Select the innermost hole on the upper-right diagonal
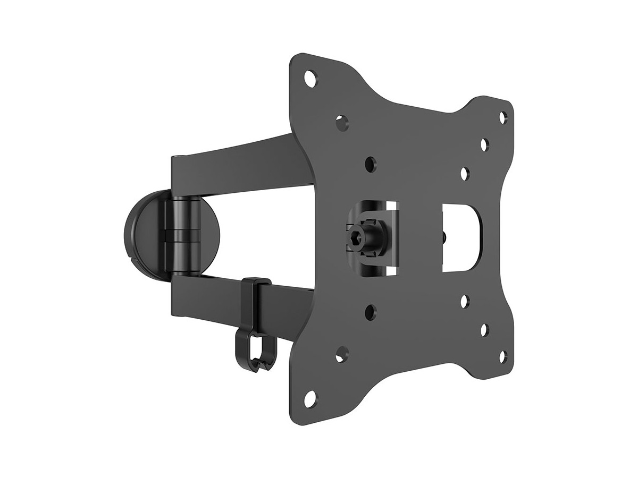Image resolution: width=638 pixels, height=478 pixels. click(x=465, y=173)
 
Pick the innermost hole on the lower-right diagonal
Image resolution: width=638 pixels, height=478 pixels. click(x=465, y=301)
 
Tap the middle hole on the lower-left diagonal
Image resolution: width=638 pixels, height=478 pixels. click(x=342, y=353)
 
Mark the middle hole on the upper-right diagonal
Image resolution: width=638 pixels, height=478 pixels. click(x=484, y=144)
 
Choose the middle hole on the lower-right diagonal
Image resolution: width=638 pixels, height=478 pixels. click(x=484, y=330)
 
